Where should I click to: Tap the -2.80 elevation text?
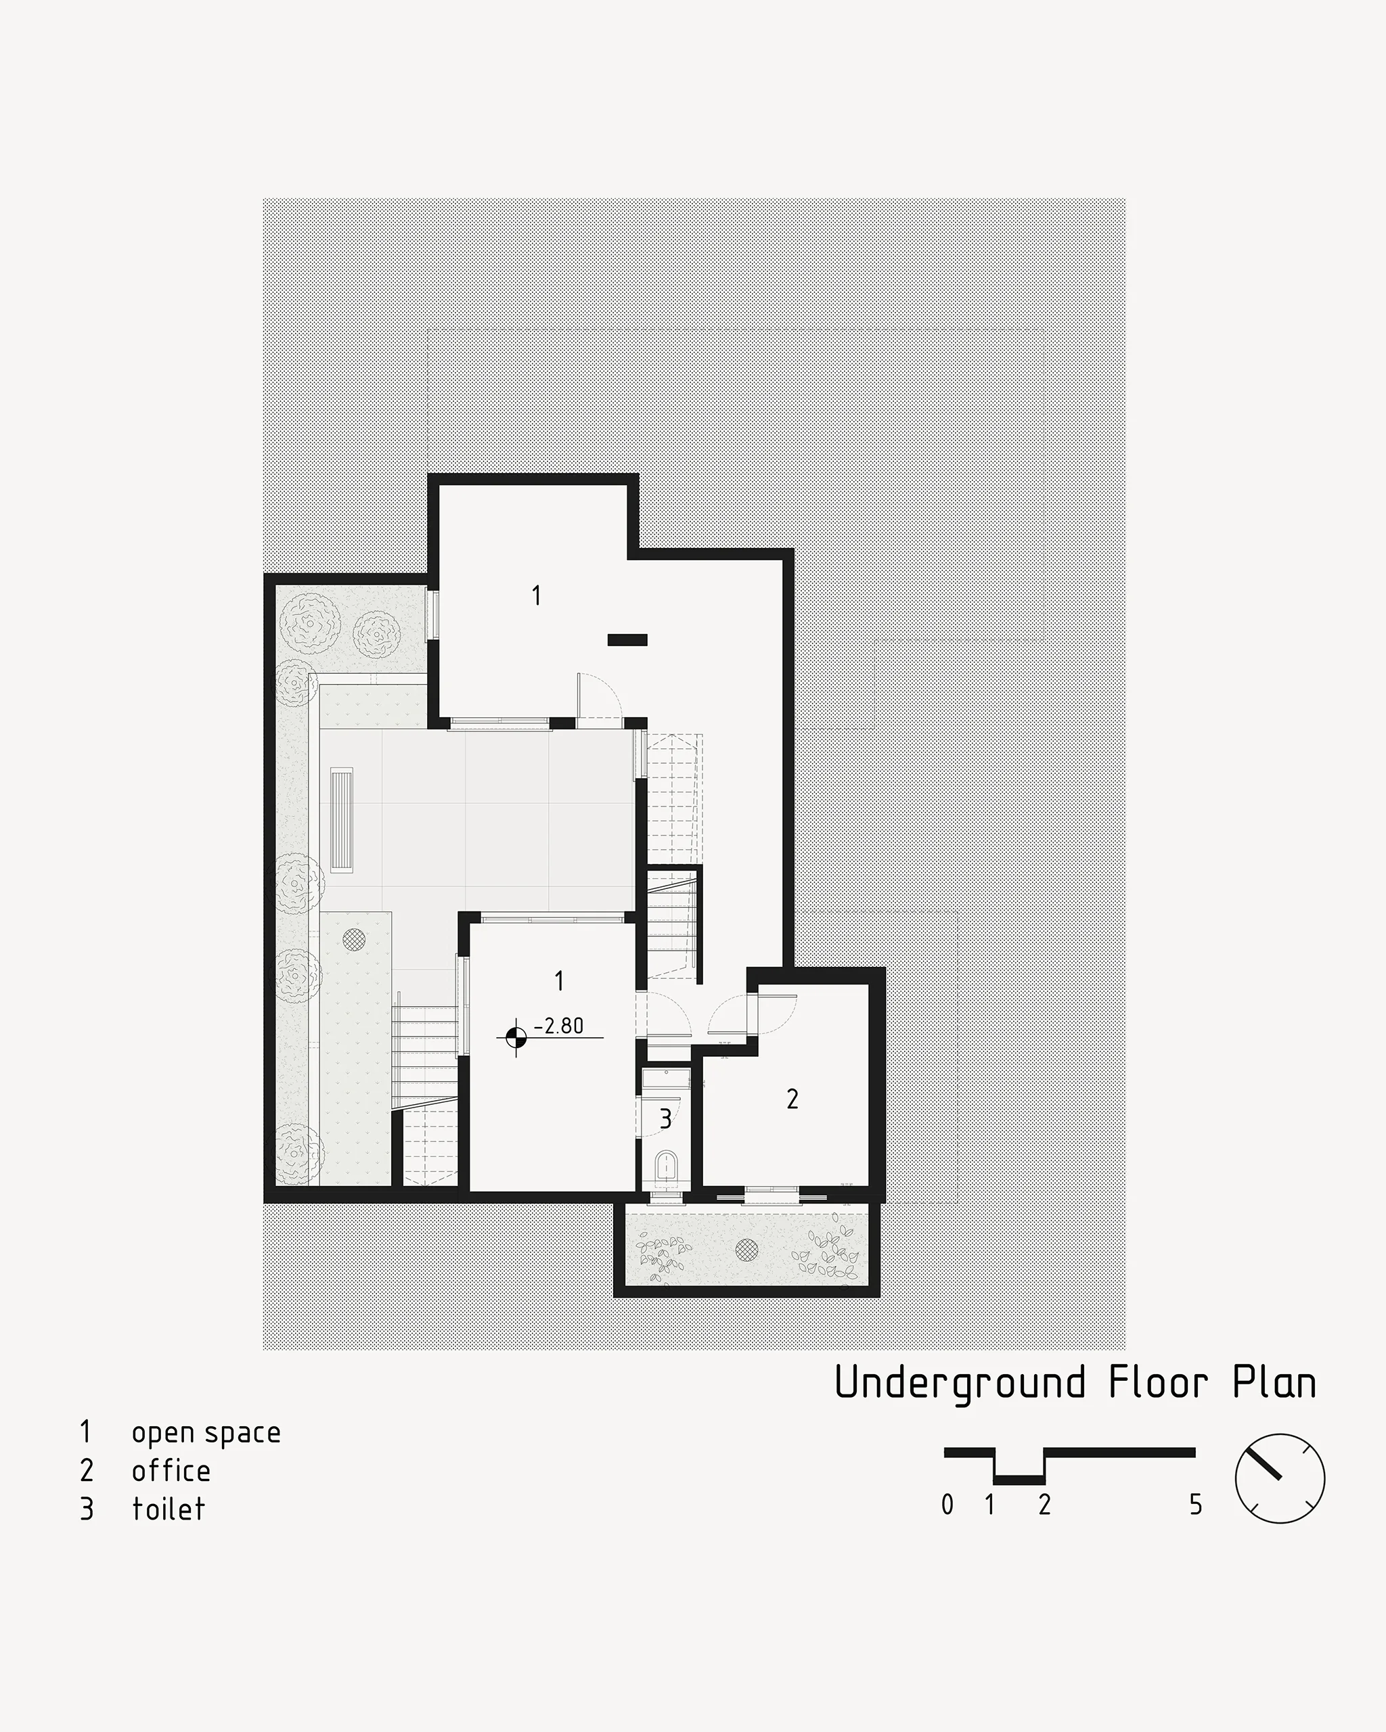pos(559,1026)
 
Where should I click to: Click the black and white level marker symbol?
pos(516,1038)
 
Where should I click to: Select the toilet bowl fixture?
pos(667,1166)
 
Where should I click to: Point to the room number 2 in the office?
pos(792,1099)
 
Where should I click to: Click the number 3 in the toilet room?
pos(665,1119)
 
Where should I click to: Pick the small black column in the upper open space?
pos(627,640)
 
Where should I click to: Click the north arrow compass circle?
pos(1279,1479)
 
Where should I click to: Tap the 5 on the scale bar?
pos(1196,1505)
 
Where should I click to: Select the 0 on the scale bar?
pos(947,1505)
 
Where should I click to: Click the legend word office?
pos(171,1470)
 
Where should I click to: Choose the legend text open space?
pos(206,1433)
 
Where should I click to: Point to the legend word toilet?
pos(169,1509)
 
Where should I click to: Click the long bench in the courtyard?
pos(342,819)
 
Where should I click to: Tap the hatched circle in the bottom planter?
pos(747,1248)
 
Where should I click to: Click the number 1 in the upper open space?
pos(536,595)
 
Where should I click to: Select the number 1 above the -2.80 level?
pos(558,980)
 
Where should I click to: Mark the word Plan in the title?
pos(1274,1382)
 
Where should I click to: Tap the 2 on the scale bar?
pos(1044,1505)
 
